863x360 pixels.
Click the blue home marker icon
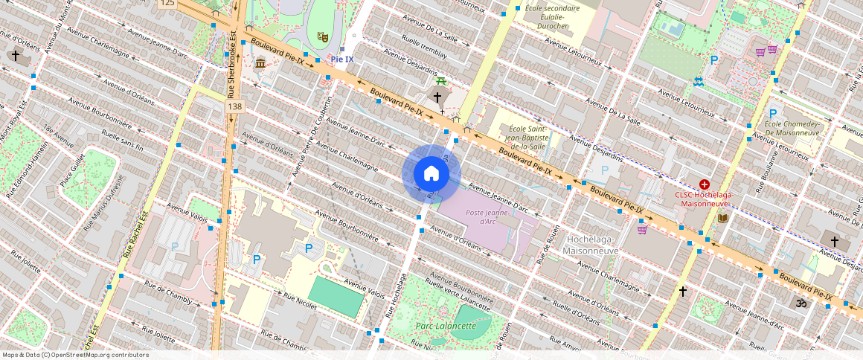[x=431, y=174]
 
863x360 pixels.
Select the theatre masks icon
[x=322, y=36]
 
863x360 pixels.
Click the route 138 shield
[x=235, y=107]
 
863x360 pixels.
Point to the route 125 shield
[x=167, y=4]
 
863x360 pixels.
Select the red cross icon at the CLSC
[x=704, y=184]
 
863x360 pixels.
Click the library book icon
[x=722, y=217]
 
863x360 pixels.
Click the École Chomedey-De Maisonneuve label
[x=792, y=129]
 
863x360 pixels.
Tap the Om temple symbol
[x=801, y=303]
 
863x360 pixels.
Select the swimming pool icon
[x=698, y=81]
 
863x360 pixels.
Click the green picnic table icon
[x=441, y=80]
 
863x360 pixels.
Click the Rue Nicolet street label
[x=301, y=300]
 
